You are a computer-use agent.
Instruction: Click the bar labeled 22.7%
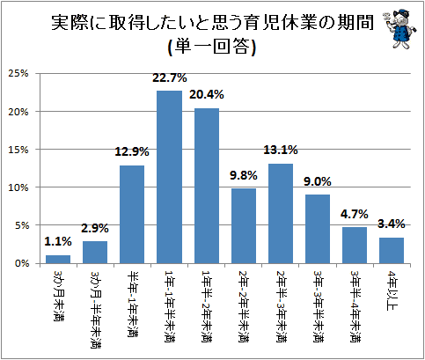(169, 177)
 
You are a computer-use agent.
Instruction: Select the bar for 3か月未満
(58, 260)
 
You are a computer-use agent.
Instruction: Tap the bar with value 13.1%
(281, 214)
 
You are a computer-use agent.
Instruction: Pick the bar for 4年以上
(392, 251)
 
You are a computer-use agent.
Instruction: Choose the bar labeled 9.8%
(244, 226)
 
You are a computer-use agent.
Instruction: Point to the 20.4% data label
(207, 94)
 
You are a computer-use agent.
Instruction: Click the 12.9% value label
(132, 151)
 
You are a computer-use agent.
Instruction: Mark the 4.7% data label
(355, 214)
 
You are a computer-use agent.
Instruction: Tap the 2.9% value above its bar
(95, 228)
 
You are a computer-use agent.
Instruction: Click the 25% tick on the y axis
(18, 73)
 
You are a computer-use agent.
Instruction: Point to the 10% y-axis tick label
(18, 187)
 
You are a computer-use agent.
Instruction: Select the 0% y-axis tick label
(22, 263)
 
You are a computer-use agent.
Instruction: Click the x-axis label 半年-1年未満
(132, 304)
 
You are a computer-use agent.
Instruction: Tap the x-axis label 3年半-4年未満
(355, 306)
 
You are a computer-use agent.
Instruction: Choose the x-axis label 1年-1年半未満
(170, 306)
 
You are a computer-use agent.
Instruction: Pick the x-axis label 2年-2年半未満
(244, 306)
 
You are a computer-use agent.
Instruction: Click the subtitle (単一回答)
(212, 47)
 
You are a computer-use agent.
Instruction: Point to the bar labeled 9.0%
(318, 229)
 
